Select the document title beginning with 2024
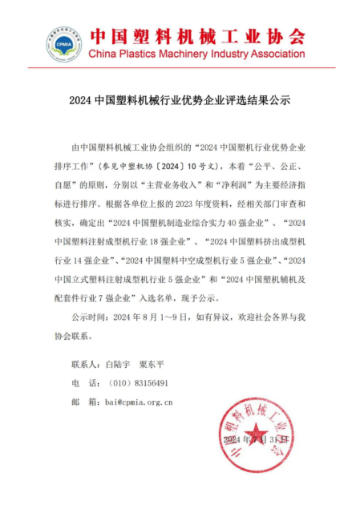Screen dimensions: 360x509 coord(180,102)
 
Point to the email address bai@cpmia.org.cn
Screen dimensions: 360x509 coord(134,402)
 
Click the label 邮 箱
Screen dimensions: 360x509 coord(83,402)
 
